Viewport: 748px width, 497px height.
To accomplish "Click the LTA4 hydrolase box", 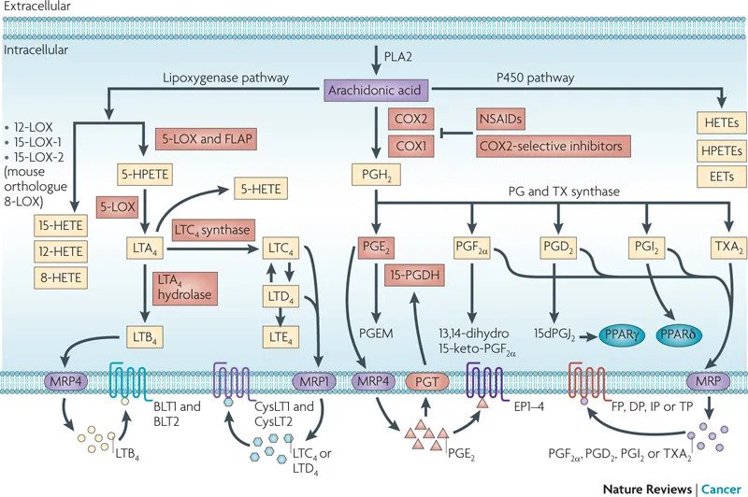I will [x=182, y=282].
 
